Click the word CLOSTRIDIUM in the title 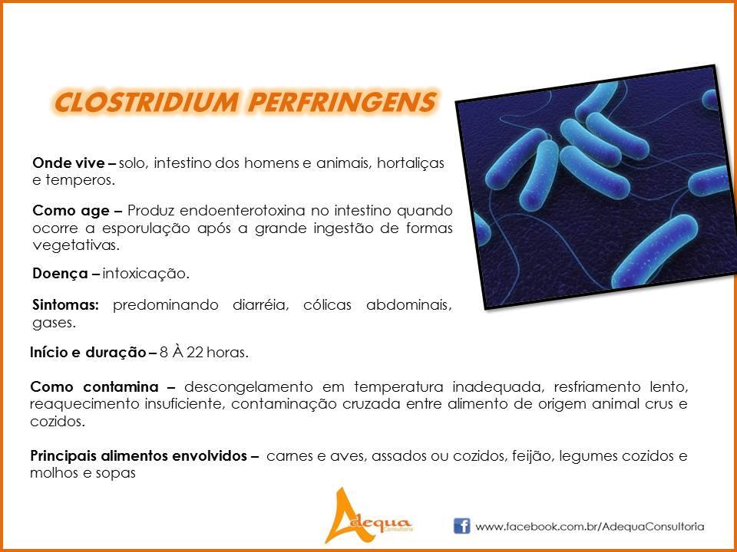click(146, 102)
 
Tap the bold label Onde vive click(68, 163)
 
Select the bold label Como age click(71, 211)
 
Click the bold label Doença click(60, 274)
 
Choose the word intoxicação click(146, 274)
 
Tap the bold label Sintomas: click(66, 305)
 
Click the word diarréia click(260, 305)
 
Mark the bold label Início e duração click(88, 353)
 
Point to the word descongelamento click(248, 388)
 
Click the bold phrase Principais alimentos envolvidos click(138, 455)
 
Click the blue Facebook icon click(461, 526)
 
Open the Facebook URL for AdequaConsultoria click(590, 527)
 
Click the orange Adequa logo click(368, 515)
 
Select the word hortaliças click(411, 163)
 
